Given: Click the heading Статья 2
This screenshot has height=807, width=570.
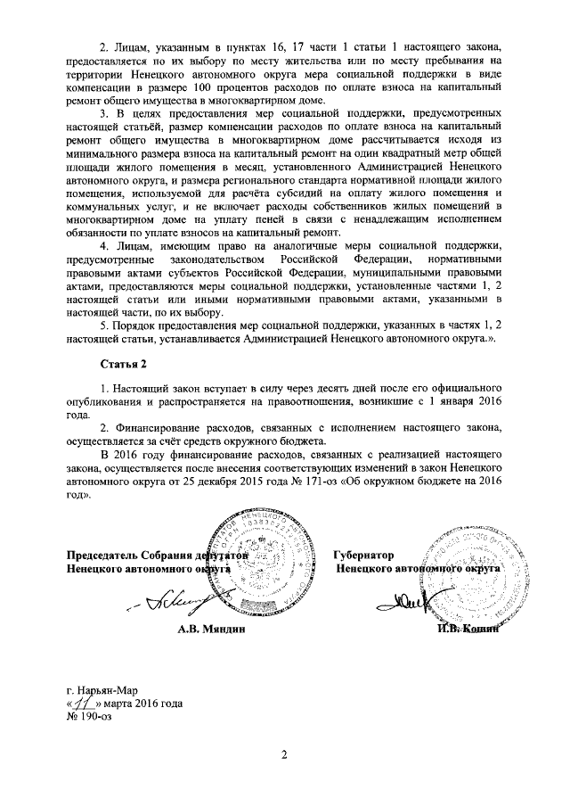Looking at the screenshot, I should point(120,366).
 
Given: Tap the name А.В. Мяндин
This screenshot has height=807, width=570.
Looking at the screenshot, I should point(211,630).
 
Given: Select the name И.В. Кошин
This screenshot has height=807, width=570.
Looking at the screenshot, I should point(466,630).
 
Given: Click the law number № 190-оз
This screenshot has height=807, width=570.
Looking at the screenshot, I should point(90,714).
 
